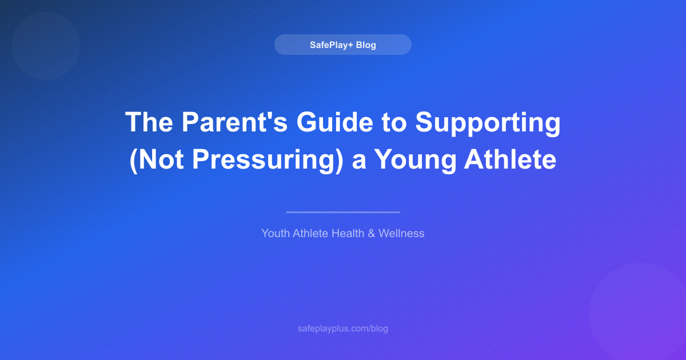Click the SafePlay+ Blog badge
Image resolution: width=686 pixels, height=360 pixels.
pyautogui.click(x=342, y=45)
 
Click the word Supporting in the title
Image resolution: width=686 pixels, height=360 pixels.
pyautogui.click(x=488, y=122)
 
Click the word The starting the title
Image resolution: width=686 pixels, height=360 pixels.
pyautogui.click(x=149, y=122)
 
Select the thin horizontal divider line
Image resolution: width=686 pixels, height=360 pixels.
pyautogui.click(x=342, y=212)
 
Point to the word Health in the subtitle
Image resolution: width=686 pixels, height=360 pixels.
pyautogui.click(x=349, y=233)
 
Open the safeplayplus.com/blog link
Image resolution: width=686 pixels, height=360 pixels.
pyautogui.click(x=342, y=329)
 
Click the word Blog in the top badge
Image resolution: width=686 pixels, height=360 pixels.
pyautogui.click(x=366, y=45)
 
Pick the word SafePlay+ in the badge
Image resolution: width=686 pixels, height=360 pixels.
pyautogui.click(x=331, y=45)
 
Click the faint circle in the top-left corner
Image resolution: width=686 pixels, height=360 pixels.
pyautogui.click(x=45, y=45)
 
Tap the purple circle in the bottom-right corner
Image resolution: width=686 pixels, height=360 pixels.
pyautogui.click(x=640, y=314)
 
